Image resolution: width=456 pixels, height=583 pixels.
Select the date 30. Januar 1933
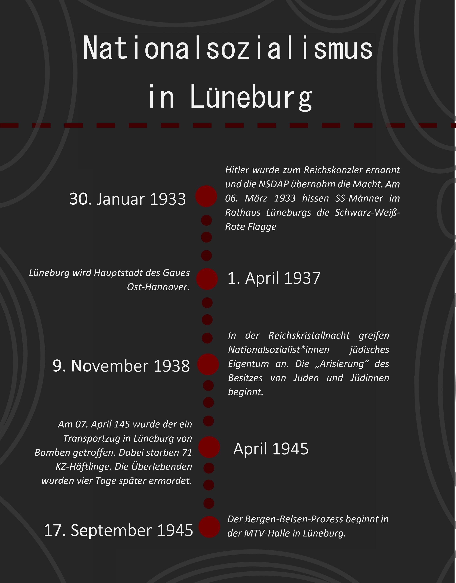(127, 199)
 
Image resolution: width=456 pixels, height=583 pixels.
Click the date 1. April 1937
(274, 278)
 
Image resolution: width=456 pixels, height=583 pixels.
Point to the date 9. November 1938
(121, 366)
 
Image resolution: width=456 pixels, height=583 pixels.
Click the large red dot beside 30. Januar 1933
(206, 196)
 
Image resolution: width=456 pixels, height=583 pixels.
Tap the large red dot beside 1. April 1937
(207, 279)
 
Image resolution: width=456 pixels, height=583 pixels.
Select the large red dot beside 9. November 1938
(208, 364)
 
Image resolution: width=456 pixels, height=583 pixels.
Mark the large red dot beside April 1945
(209, 447)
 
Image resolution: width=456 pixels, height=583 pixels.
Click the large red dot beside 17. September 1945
(209, 527)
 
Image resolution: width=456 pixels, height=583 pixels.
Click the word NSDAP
(274, 184)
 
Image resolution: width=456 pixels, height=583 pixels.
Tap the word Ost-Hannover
(158, 287)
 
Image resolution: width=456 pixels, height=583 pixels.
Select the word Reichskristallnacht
(309, 336)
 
